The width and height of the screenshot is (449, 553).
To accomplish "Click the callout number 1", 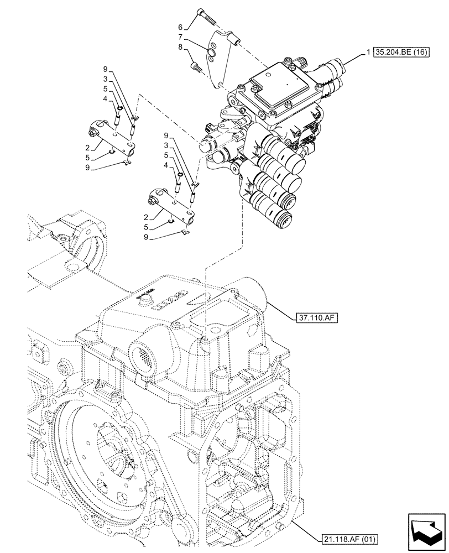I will tap(368, 53).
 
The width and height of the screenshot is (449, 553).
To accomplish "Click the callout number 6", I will tap(180, 27).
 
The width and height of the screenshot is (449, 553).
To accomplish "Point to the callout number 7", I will tap(180, 37).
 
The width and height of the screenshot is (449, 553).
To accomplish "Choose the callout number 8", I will tap(180, 48).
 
